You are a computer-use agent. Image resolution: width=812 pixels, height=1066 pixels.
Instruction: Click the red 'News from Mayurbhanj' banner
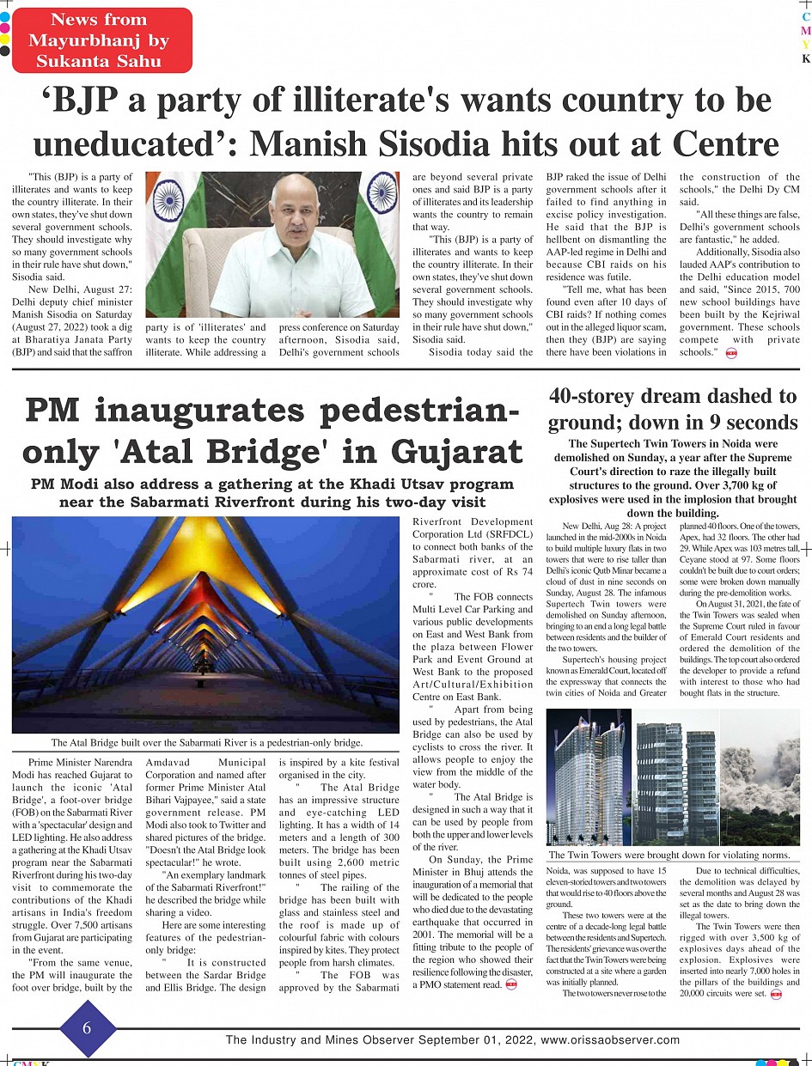[x=98, y=40]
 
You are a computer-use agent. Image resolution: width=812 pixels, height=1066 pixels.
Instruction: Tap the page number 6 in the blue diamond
[x=87, y=1027]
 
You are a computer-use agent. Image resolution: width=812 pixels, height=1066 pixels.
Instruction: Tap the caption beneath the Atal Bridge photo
[x=206, y=743]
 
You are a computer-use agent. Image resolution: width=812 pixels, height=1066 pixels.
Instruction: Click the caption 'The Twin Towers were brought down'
[x=669, y=855]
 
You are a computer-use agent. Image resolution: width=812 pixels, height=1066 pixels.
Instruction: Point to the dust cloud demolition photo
[x=760, y=777]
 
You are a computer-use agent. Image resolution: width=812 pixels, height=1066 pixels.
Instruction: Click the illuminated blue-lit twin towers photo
[x=589, y=777]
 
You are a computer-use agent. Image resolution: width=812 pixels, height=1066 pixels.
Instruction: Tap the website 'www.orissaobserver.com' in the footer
[x=610, y=1039]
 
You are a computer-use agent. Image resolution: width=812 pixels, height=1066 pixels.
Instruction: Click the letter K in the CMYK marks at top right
[x=806, y=59]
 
